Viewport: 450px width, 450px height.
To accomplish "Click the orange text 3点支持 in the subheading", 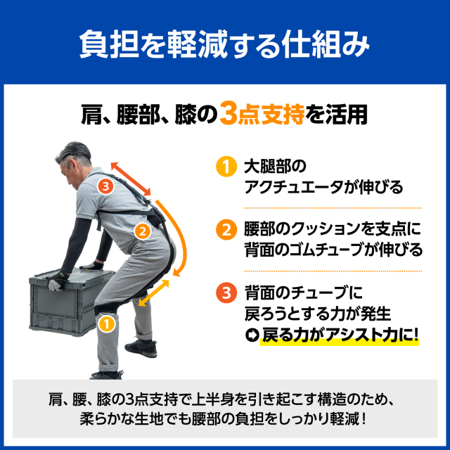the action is point(262,114).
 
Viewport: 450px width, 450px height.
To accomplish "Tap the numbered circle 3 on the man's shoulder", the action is point(106,186).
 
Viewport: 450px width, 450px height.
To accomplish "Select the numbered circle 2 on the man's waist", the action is point(143,231).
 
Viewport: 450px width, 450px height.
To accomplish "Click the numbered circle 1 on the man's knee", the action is point(107,324).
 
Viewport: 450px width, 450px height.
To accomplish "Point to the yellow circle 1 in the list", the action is point(226,167).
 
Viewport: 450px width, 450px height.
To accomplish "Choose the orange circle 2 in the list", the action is point(226,230).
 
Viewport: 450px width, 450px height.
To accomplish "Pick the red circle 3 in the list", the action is point(226,293).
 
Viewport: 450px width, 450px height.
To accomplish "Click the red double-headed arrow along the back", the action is point(131,179).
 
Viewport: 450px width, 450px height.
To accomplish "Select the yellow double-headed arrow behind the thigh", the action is point(154,292).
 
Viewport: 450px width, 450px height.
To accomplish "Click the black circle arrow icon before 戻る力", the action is point(252,335).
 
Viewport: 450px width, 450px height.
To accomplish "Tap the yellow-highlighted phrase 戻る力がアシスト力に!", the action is point(340,335).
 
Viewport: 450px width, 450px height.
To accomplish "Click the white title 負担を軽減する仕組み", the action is point(224,44).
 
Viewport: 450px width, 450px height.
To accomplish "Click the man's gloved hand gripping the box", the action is point(58,281).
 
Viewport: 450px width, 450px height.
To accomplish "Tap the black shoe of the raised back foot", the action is point(141,348).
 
